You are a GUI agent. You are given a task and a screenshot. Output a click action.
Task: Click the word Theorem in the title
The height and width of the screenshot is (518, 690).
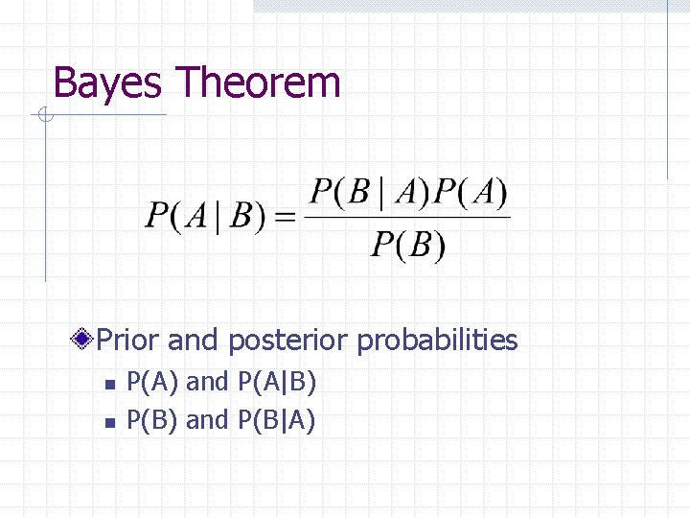point(258,82)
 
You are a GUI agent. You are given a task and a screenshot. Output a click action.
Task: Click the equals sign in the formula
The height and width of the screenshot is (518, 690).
point(286,218)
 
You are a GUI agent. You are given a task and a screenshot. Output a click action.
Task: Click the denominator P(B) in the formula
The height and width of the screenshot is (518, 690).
point(407,246)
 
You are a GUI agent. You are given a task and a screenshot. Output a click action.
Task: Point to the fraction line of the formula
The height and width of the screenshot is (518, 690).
point(408,218)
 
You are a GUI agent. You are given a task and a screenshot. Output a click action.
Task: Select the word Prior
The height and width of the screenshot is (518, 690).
point(129,340)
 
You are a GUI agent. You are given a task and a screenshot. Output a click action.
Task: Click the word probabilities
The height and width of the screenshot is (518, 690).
point(437,340)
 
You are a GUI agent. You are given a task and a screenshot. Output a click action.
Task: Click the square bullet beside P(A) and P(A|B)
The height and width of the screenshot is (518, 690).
point(109,384)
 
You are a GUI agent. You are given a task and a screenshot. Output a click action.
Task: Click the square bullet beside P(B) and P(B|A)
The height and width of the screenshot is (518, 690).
point(109,421)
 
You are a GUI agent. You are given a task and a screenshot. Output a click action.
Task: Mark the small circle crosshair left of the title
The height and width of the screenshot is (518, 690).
point(44,116)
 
